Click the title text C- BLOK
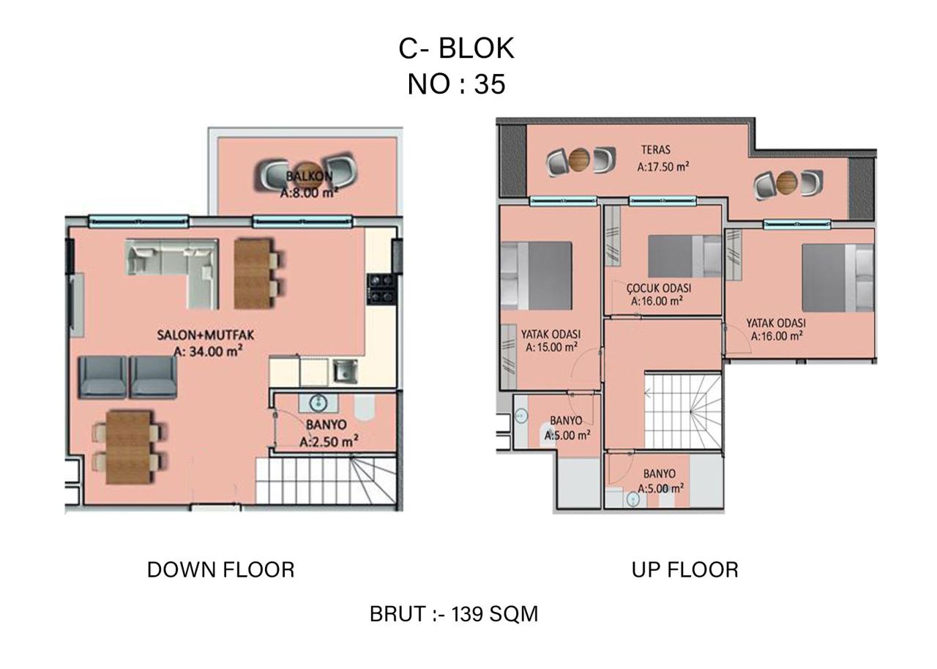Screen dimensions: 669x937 tap(456, 48)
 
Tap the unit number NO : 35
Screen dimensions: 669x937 tap(456, 84)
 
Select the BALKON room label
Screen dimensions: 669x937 tap(309, 176)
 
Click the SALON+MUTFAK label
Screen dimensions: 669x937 tap(199, 335)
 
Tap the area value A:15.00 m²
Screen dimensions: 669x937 tap(551, 348)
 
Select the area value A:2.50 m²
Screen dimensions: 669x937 tap(328, 441)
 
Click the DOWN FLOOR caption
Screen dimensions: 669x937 tap(220, 569)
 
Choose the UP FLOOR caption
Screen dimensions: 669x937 tap(684, 569)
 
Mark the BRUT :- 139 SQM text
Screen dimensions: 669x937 tap(454, 614)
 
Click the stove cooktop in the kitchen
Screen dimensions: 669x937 tap(381, 287)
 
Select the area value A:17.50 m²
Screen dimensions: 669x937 tap(662, 167)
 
